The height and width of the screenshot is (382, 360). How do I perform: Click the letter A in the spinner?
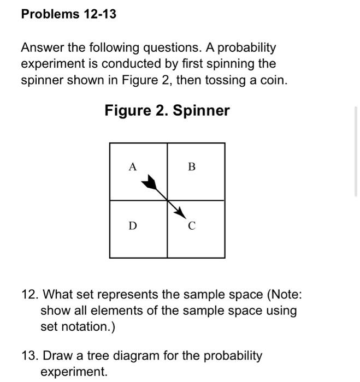[x=132, y=167]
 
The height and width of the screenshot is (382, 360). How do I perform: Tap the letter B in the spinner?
[x=191, y=167]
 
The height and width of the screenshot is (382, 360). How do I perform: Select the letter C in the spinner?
[x=192, y=225]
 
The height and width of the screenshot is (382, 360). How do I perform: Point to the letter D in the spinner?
[x=132, y=225]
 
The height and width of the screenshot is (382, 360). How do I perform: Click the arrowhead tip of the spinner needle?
[x=187, y=217]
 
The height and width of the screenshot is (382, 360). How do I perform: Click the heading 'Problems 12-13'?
[x=68, y=14]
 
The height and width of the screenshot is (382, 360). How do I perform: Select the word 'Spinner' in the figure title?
[x=201, y=111]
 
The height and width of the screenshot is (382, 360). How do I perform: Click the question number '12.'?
[x=29, y=295]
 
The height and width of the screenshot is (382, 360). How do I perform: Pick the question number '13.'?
[x=29, y=356]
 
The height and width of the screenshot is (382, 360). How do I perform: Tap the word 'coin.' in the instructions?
[x=273, y=80]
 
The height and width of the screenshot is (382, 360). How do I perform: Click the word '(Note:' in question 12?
[x=284, y=295]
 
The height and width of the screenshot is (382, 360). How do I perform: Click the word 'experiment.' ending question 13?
[x=74, y=372]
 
